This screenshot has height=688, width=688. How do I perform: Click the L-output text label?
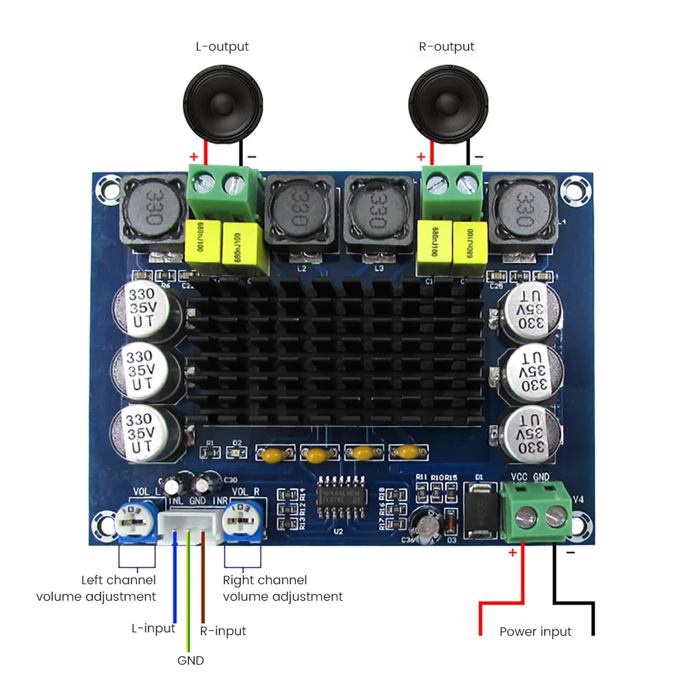(x=222, y=47)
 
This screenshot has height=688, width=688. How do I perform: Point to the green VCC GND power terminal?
(x=537, y=513)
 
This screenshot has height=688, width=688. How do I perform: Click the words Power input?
(x=535, y=632)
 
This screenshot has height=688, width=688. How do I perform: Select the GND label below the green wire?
(x=191, y=660)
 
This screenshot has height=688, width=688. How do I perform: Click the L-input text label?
(x=153, y=628)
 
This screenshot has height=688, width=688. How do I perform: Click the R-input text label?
(x=222, y=631)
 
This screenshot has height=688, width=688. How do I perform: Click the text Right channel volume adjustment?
(x=283, y=588)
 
